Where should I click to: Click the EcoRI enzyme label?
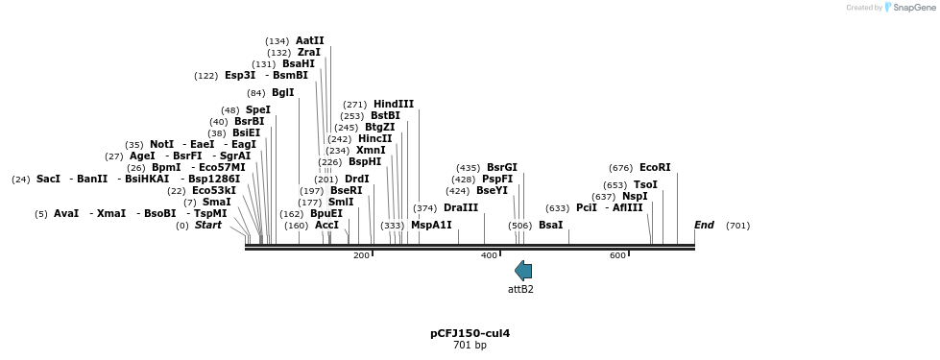coord(655,168)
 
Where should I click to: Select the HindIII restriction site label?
coord(394,105)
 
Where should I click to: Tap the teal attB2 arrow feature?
coord(523,271)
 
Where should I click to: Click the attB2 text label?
coord(520,289)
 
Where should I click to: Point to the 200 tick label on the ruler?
coord(361,255)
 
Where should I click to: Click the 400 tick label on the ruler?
coord(489,255)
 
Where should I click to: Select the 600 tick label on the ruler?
coord(617,255)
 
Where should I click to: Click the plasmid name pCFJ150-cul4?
coord(470,334)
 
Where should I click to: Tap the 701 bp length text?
coord(470,345)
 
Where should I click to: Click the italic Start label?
coord(208,226)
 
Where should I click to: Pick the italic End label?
coord(705,226)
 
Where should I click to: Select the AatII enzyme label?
coord(309,40)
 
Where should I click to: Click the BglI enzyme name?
coord(283,93)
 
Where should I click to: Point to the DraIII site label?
coord(461,208)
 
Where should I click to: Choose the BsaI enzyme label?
coord(551,226)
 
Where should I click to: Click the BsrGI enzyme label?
coord(502,168)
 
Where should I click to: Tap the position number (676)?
coord(621,168)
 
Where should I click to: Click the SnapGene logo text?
coord(914,7)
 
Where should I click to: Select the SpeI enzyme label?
coord(258,110)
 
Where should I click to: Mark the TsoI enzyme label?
coord(645,185)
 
